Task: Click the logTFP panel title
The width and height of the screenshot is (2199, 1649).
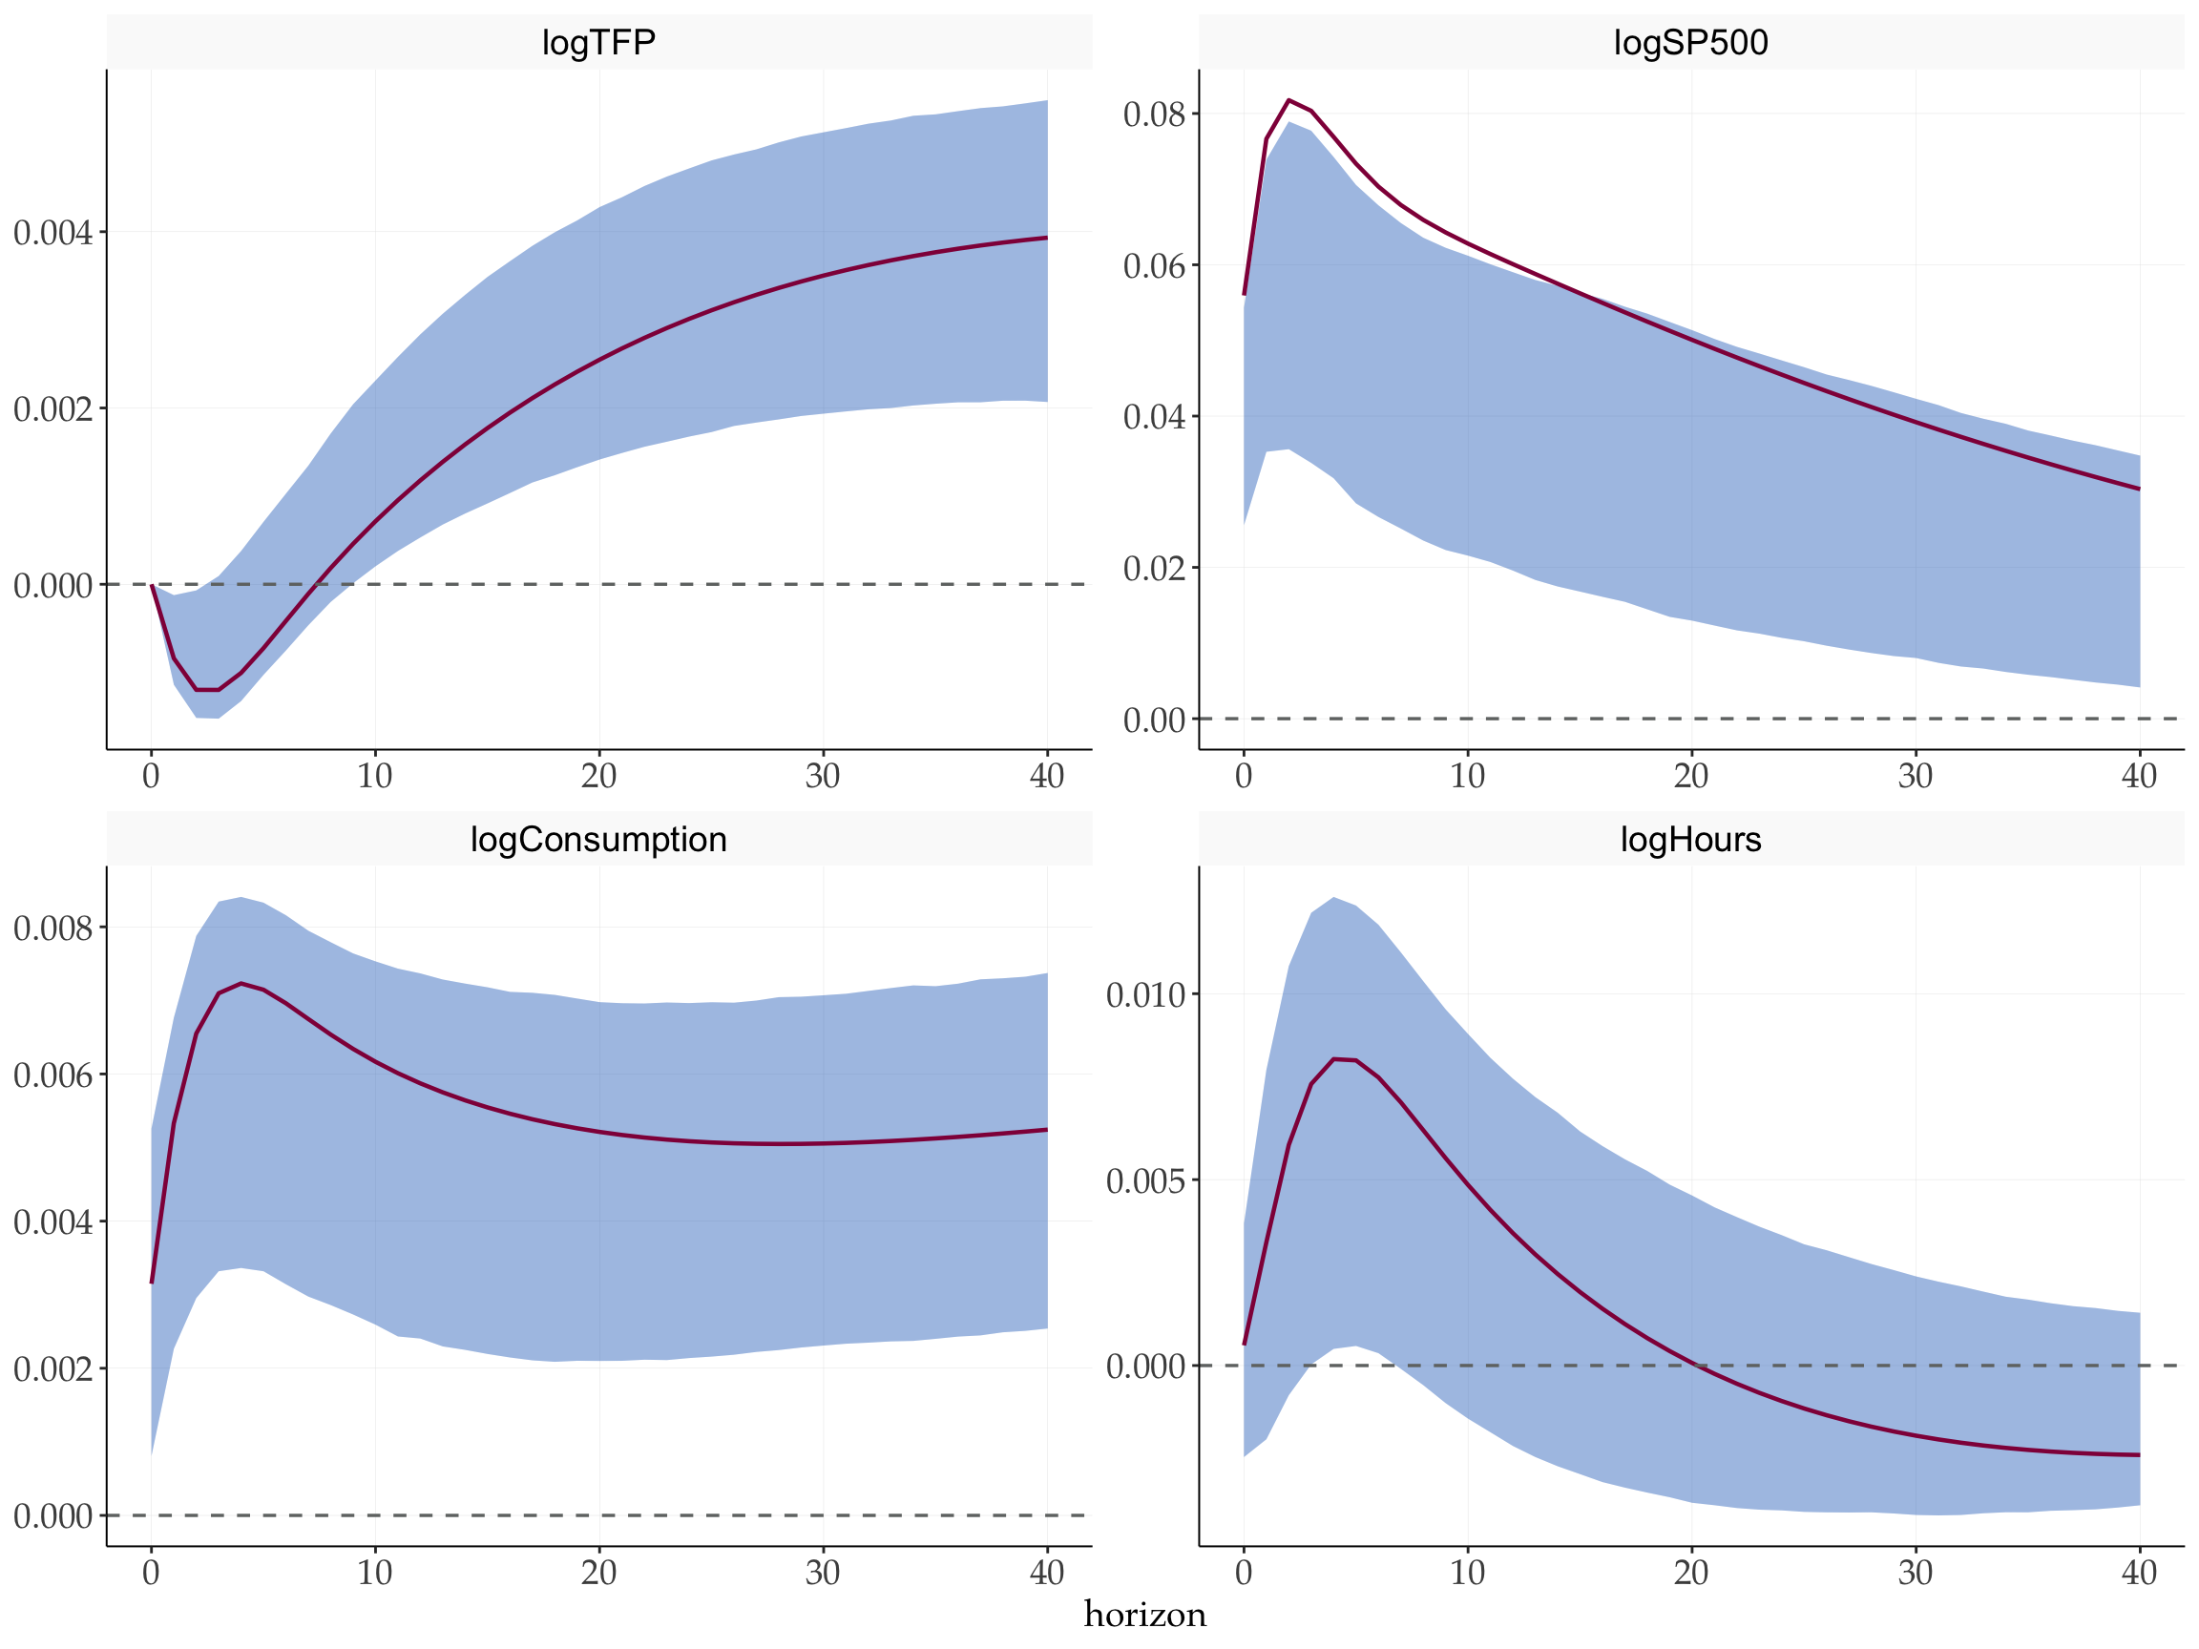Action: tap(598, 43)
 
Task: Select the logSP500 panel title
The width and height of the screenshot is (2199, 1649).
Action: tap(1690, 43)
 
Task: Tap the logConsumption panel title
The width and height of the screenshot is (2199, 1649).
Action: tap(598, 840)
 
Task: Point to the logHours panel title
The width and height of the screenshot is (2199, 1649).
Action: tap(1690, 840)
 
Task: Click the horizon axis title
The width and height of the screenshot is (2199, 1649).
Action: tap(1145, 1616)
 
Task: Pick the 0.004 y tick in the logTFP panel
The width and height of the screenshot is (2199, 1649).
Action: tap(52, 233)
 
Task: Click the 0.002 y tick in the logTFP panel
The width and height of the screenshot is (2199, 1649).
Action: tap(52, 408)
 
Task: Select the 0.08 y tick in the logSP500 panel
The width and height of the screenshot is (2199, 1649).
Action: tap(1154, 115)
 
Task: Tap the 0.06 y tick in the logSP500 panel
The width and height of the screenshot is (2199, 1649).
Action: tap(1154, 266)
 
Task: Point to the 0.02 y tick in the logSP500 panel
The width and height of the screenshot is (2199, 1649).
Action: tap(1154, 569)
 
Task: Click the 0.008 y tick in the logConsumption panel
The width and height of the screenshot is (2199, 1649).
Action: tap(52, 929)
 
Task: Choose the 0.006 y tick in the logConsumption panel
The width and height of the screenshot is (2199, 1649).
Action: tap(52, 1075)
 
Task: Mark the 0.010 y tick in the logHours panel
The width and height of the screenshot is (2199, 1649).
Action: tap(1145, 995)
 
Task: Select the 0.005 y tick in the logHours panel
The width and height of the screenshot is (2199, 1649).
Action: tap(1145, 1180)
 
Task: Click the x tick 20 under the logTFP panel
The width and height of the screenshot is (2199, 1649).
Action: tap(598, 776)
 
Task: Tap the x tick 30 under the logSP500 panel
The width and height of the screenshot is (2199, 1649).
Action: tap(1915, 776)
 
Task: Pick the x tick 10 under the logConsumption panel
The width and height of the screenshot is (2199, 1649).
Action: tap(375, 1574)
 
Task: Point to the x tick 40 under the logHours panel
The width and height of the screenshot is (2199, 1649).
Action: tap(2138, 1574)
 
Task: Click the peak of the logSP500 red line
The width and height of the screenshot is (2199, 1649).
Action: tap(1288, 100)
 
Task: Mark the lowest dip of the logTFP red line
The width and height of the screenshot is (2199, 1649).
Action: tap(207, 690)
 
